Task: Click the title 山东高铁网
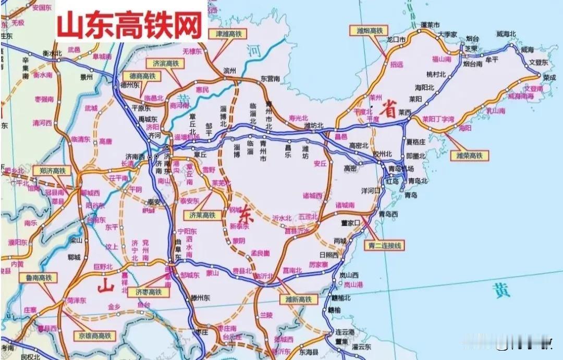pyautogui.click(x=130, y=24)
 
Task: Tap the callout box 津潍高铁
pyautogui.click(x=229, y=34)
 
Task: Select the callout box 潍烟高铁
pyautogui.click(x=369, y=30)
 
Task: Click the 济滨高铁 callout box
pyautogui.click(x=166, y=63)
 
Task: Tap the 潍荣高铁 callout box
pyautogui.click(x=469, y=155)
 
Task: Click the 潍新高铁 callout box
pyautogui.click(x=298, y=300)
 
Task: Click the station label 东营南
pyautogui.click(x=271, y=78)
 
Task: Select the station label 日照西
pyautogui.click(x=328, y=255)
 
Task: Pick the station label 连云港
pyautogui.click(x=345, y=332)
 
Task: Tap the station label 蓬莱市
pyautogui.click(x=431, y=24)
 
